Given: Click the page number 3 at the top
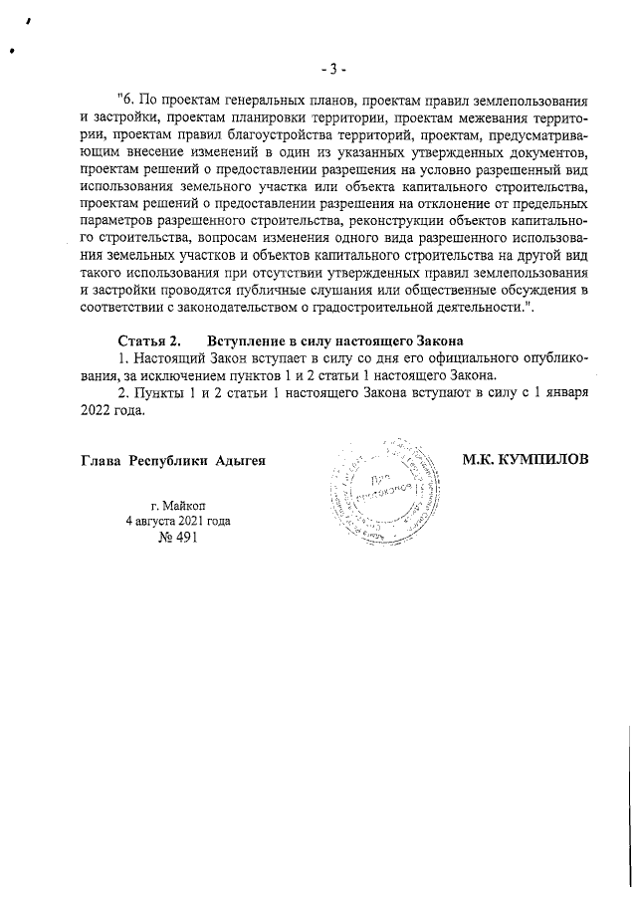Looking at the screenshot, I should pos(332,69).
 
